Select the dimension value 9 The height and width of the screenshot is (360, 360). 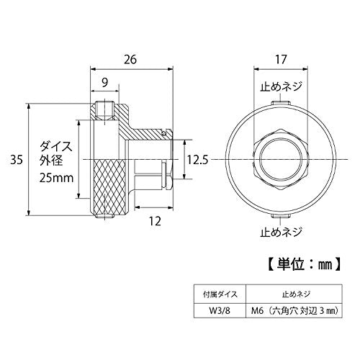105,83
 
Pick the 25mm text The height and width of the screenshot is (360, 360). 57,176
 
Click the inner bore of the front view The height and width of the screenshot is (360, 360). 280,159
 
